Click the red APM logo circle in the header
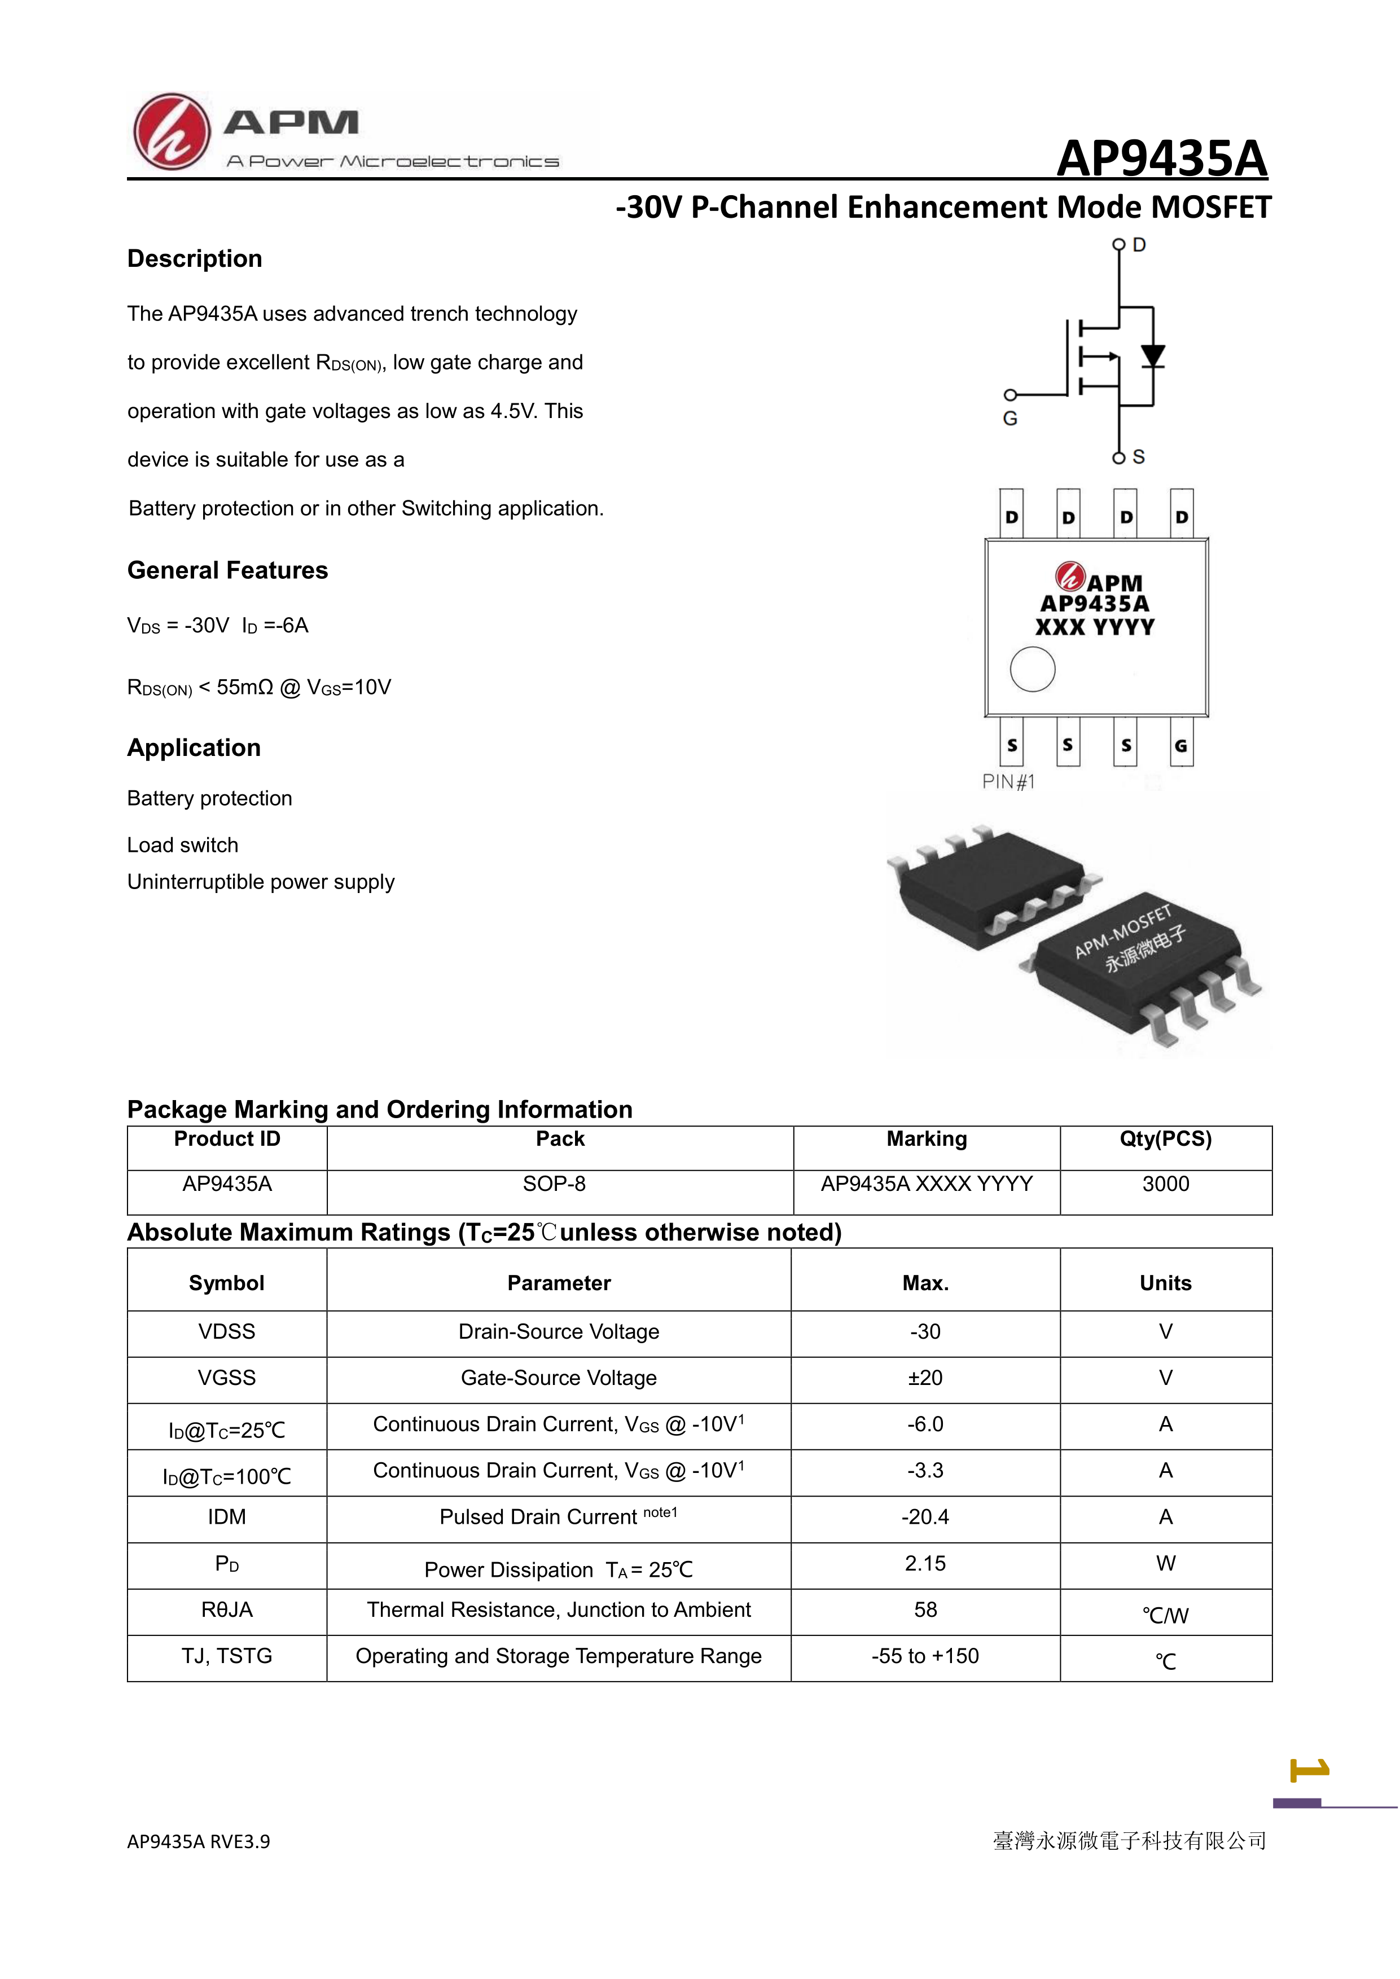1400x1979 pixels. (x=172, y=132)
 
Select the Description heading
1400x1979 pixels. (x=194, y=258)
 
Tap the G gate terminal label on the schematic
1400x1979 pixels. (x=1010, y=419)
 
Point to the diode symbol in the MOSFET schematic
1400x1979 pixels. (x=1153, y=356)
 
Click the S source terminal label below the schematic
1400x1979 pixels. (x=1138, y=457)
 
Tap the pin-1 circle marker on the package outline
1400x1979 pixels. (x=1032, y=669)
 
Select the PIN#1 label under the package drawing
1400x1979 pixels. (x=1008, y=782)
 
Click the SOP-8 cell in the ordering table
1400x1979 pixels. (x=554, y=1184)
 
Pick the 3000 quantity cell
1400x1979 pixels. (x=1165, y=1184)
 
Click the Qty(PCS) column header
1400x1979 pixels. (x=1165, y=1140)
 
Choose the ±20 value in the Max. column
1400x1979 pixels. (x=925, y=1378)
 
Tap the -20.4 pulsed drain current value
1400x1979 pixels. (x=925, y=1517)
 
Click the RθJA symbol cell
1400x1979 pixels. (x=227, y=1610)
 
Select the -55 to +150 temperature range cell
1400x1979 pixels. (x=925, y=1657)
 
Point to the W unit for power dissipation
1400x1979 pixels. (x=1165, y=1564)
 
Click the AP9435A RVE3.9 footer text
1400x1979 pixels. (x=198, y=1842)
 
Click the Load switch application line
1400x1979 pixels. (x=183, y=846)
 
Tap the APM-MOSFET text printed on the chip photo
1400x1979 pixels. (x=1122, y=931)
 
